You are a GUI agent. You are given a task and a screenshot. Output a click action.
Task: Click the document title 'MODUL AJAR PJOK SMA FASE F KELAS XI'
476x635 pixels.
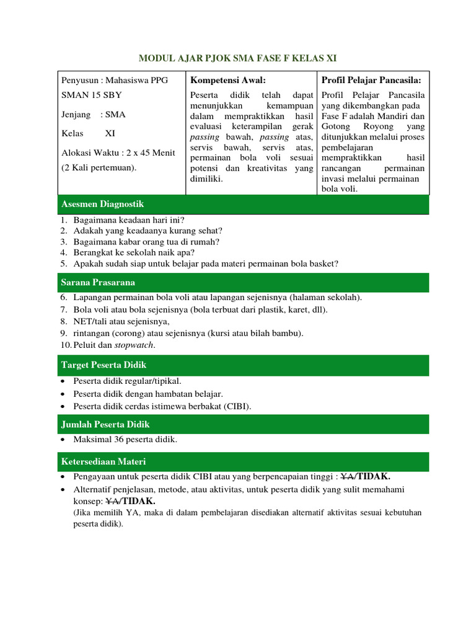(238, 58)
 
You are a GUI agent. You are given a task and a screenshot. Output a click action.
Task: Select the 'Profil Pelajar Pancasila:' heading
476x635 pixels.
(371, 80)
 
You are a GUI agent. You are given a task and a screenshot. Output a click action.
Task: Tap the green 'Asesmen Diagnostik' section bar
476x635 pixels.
(243, 204)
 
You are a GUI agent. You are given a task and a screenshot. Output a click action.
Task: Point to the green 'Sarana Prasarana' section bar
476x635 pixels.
(243, 282)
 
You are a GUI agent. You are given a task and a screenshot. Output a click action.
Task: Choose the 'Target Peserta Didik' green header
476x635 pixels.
(243, 365)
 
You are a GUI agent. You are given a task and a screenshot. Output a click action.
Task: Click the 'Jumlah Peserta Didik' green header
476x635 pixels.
(243, 424)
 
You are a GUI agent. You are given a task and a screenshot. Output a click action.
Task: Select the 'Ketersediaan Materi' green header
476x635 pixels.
(243, 462)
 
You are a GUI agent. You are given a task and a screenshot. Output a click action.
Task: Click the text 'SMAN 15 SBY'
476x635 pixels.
(92, 95)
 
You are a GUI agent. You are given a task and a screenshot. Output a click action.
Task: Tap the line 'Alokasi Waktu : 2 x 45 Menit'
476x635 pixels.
(118, 153)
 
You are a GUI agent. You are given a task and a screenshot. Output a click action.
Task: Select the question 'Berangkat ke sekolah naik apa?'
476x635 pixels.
(134, 252)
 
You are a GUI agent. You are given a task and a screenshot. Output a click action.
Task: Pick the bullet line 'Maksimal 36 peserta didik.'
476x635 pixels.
(125, 440)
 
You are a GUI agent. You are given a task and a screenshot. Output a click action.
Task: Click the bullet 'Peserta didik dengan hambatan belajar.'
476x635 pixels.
(148, 394)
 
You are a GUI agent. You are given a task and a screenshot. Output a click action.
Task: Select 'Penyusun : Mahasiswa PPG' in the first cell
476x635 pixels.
(114, 80)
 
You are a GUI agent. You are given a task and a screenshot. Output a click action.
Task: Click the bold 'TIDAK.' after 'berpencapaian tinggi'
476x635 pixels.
(373, 476)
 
